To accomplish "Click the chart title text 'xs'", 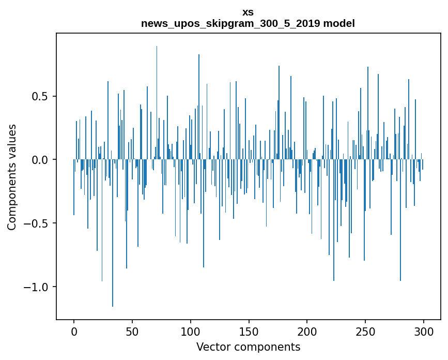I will point(248,12).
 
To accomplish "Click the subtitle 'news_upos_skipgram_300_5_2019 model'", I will point(248,24).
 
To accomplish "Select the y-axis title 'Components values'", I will point(12,177).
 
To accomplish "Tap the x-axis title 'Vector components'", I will point(248,347).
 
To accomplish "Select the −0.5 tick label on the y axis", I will point(37,223).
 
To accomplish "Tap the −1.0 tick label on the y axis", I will point(37,287).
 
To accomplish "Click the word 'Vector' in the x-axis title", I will point(213,347).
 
